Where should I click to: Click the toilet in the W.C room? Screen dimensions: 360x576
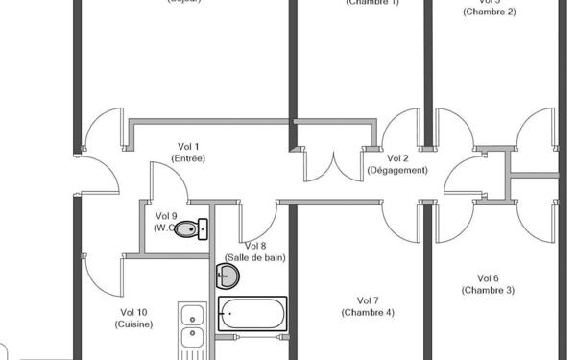(193, 228)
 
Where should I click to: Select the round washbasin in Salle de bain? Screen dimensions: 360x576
(228, 276)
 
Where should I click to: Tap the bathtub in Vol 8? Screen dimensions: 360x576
(252, 313)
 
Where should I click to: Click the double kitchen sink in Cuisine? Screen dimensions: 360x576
(191, 326)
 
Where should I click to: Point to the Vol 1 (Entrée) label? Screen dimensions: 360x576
(187, 152)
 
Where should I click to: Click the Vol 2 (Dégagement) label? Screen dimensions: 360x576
(397, 163)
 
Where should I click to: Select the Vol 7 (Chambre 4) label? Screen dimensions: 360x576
(368, 306)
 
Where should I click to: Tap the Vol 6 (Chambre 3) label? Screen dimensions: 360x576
(488, 284)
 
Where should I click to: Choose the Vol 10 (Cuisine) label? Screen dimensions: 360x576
(133, 318)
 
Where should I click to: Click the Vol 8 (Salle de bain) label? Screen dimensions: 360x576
(255, 252)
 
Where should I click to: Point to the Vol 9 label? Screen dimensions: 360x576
(166, 216)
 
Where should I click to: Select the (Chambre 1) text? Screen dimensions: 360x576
(372, 3)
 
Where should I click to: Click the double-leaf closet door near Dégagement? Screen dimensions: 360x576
(332, 166)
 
